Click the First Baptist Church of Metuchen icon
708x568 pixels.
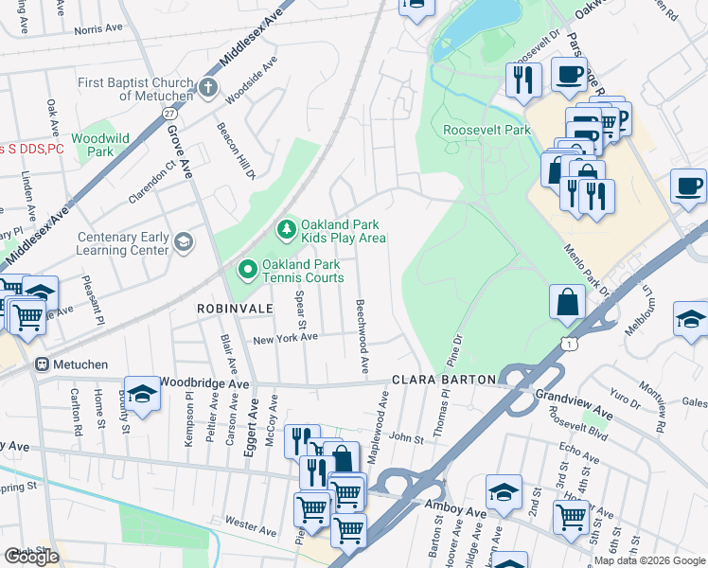click(207, 90)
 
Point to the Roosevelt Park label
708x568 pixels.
click(487, 130)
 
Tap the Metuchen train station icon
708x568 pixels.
click(42, 364)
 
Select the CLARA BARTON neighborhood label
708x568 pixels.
click(444, 380)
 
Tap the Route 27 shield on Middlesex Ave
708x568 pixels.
click(169, 113)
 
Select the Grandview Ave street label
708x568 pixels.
click(575, 394)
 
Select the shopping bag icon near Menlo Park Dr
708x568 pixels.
click(567, 302)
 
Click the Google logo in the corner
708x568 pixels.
click(31, 557)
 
